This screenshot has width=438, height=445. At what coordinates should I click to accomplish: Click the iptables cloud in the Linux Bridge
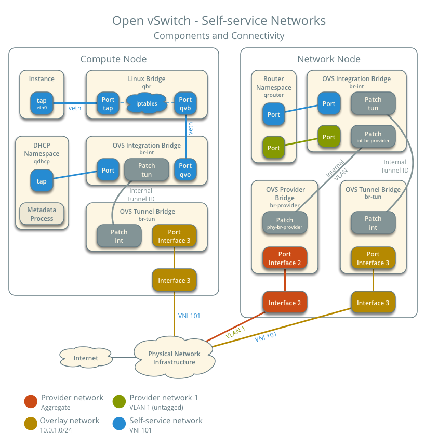click(147, 103)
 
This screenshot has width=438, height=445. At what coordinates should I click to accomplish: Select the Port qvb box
click(185, 103)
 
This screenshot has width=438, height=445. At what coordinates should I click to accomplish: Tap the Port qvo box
click(185, 170)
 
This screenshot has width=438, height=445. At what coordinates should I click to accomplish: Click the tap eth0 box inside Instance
click(42, 103)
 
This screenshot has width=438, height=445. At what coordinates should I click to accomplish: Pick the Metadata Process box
click(42, 214)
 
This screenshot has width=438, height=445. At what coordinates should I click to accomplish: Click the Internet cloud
click(86, 358)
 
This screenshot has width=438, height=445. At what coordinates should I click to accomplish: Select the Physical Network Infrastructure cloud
click(174, 358)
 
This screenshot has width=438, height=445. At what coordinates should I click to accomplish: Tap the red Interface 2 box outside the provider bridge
click(285, 303)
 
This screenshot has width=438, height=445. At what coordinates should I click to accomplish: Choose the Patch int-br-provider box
click(373, 137)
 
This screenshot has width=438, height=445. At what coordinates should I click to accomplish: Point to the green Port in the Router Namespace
click(274, 148)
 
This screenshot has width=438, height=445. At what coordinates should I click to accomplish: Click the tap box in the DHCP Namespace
click(42, 181)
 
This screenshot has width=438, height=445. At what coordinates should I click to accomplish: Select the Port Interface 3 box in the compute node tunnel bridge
click(175, 236)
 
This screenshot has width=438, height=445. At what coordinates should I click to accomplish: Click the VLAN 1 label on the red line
click(235, 333)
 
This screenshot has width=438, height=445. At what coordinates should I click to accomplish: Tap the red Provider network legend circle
click(31, 401)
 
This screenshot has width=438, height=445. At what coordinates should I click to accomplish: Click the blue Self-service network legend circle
click(119, 424)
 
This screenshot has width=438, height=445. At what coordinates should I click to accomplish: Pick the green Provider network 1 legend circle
click(119, 401)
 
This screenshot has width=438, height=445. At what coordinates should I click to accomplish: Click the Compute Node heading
click(113, 59)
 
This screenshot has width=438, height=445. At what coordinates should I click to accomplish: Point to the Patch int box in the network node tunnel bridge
click(373, 222)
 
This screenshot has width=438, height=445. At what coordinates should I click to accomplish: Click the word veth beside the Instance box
click(75, 108)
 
